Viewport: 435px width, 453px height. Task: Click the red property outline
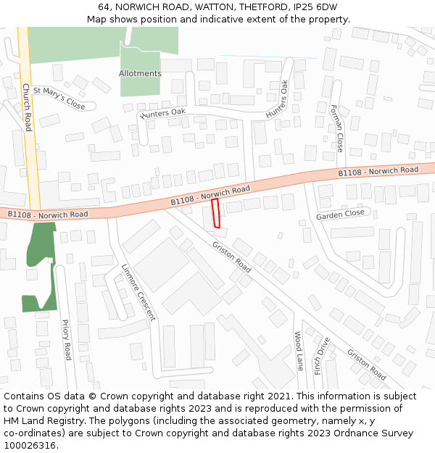[215, 214]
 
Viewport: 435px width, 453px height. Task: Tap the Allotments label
[140, 74]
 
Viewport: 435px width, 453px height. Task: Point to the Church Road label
[27, 107]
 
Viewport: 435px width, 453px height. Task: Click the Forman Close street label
[336, 128]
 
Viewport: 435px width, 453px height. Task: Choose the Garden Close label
[340, 215]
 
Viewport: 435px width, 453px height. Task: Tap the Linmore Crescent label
[138, 291]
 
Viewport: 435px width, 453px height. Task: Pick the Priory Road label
[66, 340]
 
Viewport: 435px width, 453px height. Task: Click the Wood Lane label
[298, 351]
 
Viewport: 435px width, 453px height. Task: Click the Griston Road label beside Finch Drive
[365, 364]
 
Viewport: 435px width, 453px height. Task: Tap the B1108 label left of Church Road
[48, 215]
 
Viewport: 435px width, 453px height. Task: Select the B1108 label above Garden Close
[378, 171]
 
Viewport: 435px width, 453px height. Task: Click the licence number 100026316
[31, 445]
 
